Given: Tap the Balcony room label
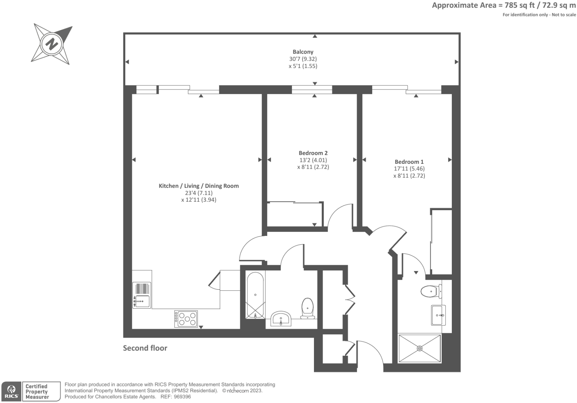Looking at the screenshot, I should [303, 52].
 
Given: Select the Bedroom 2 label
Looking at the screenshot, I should [313, 153].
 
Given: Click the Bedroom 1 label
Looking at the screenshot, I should [409, 162].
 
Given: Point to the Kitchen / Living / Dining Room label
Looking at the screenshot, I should [199, 186].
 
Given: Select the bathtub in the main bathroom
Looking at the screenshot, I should [255, 295].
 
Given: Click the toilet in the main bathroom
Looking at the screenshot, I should [307, 308].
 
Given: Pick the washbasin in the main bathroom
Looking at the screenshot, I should [281, 319].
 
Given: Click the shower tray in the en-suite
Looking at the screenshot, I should [419, 348].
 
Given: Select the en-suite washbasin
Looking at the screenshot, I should [438, 315].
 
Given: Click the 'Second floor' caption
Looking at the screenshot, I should [145, 348].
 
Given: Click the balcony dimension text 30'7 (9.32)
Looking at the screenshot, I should [303, 59].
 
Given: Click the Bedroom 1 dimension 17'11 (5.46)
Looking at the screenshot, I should [409, 169].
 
